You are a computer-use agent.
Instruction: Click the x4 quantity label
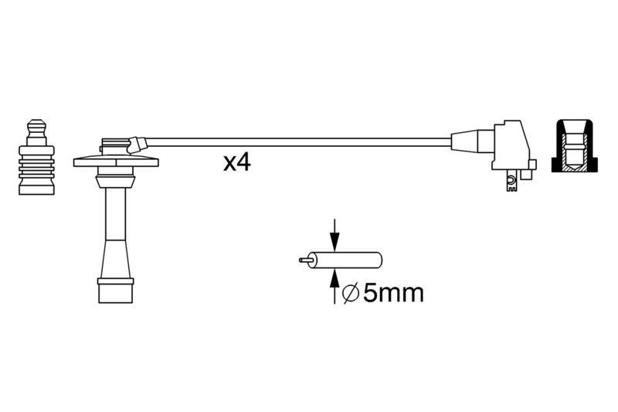(237, 163)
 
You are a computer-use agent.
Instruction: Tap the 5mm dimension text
(393, 293)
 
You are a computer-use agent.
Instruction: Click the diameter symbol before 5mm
(351, 293)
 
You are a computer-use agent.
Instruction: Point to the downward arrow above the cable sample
(334, 235)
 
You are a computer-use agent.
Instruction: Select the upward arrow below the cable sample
(334, 286)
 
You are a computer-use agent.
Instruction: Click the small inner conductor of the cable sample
(306, 260)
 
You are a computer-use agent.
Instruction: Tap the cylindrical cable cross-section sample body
(346, 260)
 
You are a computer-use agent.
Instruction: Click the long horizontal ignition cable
(298, 142)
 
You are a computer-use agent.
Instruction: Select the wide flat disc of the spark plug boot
(116, 162)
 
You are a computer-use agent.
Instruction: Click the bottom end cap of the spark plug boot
(115, 291)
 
